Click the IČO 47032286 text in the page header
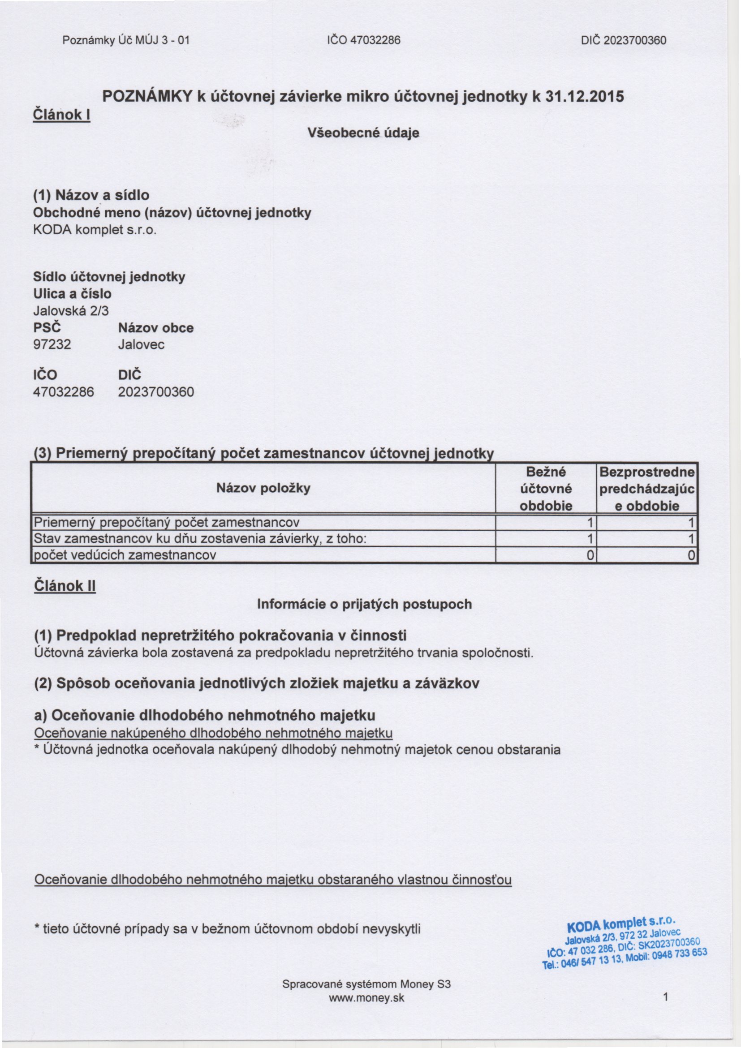(x=363, y=40)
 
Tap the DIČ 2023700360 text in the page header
(x=623, y=40)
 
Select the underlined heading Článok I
(x=62, y=115)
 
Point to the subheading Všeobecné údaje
(x=363, y=133)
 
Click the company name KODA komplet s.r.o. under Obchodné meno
(x=95, y=230)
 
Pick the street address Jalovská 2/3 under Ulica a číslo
(x=71, y=311)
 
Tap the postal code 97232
(x=52, y=344)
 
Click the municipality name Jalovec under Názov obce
(x=141, y=344)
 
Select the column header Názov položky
(x=263, y=488)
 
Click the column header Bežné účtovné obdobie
(x=546, y=489)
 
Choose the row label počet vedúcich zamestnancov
(x=125, y=555)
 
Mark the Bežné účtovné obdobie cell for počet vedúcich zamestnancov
(x=546, y=555)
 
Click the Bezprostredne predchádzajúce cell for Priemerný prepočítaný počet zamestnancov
(x=646, y=522)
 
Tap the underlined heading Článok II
(x=65, y=586)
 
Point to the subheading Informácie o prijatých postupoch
(x=364, y=604)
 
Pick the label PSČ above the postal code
(x=47, y=328)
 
